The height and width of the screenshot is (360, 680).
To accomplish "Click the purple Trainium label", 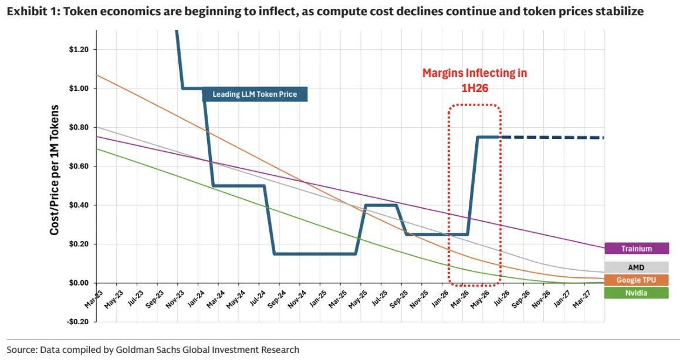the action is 637,248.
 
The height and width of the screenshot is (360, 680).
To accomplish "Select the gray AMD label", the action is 637,267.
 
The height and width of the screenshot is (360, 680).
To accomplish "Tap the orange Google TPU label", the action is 637,280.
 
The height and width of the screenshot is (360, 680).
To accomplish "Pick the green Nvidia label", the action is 637,293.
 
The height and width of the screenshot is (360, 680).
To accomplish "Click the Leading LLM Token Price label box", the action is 255,94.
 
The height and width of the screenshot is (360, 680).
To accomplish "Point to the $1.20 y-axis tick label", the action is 79,49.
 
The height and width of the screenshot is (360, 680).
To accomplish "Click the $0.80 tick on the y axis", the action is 79,127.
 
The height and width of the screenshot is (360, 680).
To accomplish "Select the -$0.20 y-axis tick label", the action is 77,322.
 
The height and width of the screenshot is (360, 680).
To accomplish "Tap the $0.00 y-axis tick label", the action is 79,283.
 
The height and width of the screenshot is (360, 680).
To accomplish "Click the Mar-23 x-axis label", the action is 94,299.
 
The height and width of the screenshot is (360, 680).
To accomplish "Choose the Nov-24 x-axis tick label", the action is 297,299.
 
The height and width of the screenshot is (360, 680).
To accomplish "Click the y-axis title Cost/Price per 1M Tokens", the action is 54,170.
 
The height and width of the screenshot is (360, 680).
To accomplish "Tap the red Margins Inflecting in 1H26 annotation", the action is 475,80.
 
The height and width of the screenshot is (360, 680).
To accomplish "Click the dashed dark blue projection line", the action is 552,137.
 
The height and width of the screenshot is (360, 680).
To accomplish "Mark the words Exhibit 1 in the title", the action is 32,11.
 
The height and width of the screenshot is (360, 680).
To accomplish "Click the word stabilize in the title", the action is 623,11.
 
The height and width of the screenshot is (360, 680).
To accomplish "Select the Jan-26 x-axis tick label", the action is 439,299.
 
